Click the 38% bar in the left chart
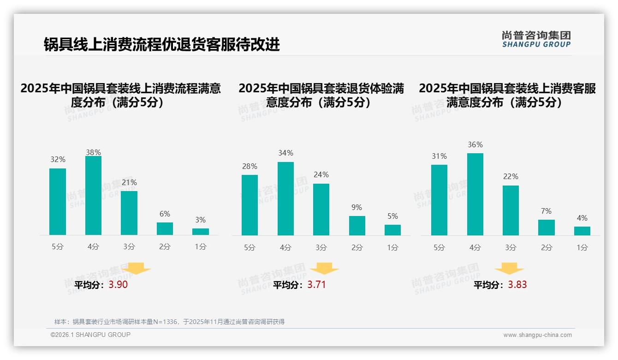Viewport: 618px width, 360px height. click(x=93, y=196)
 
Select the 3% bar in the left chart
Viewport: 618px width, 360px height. click(x=200, y=232)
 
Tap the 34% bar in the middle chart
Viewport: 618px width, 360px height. click(x=285, y=198)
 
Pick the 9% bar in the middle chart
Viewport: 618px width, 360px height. click(x=357, y=226)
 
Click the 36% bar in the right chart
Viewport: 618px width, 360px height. click(x=475, y=194)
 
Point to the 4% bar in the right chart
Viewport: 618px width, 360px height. click(x=582, y=231)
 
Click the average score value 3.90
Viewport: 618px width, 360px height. click(x=118, y=285)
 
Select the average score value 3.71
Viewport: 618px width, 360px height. click(x=316, y=285)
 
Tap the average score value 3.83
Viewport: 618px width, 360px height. click(x=517, y=285)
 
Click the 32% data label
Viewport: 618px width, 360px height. click(x=58, y=160)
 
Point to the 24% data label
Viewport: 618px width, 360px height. click(x=321, y=175)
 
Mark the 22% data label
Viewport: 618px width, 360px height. click(x=511, y=177)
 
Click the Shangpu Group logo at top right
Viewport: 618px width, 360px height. click(x=536, y=39)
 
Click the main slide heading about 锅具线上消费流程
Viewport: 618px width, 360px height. click(x=161, y=45)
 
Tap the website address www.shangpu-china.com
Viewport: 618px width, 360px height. click(x=537, y=335)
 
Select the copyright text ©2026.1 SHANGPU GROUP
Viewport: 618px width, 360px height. click(x=90, y=335)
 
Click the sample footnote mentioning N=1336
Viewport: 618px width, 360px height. click(x=169, y=322)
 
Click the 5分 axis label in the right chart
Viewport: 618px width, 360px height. click(x=439, y=247)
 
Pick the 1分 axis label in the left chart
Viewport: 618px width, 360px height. click(x=200, y=247)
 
